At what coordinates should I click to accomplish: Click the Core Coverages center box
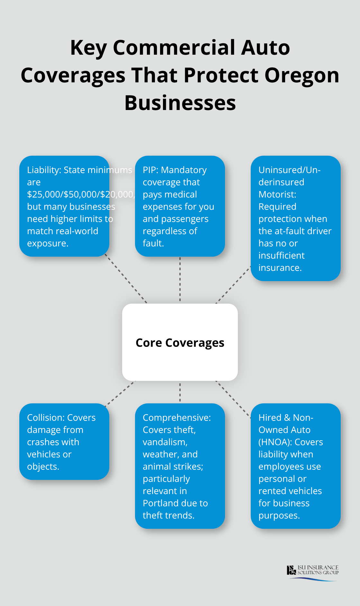point(180,343)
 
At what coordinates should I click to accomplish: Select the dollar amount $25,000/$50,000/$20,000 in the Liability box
point(80,194)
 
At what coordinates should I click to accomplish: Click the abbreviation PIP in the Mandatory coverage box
point(150,170)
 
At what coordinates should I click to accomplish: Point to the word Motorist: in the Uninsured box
point(277,194)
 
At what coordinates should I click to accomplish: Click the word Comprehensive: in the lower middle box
point(176,418)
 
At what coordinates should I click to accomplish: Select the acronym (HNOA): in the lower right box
point(275,442)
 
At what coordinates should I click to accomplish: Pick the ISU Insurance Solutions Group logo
point(312,573)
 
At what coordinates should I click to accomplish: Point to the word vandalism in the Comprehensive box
point(165,442)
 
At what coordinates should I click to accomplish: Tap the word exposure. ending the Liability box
point(48,243)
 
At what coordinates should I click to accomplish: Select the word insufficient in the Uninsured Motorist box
point(281,255)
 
